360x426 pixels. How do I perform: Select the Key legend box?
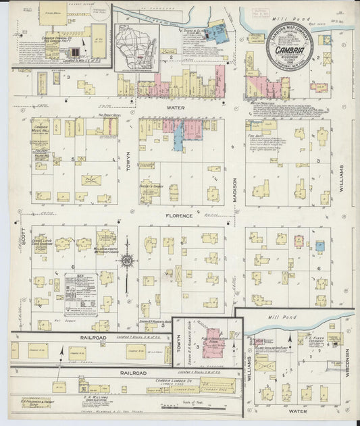pyautogui.click(x=82, y=294)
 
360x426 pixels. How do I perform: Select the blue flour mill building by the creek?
pyautogui.click(x=217, y=32)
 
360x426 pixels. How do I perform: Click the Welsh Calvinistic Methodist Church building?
pyautogui.click(x=105, y=240)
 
